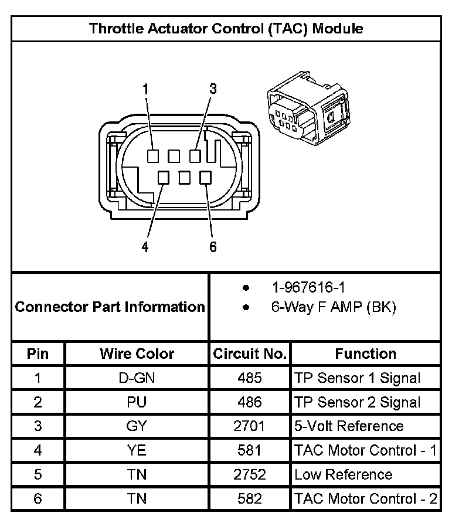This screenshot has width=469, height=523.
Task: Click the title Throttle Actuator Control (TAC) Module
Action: point(226,28)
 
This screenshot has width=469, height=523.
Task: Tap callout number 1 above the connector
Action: point(145,89)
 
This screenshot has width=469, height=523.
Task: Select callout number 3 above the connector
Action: point(213,89)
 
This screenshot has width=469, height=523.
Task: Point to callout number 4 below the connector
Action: point(145,247)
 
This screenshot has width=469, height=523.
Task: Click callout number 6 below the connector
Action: point(213,247)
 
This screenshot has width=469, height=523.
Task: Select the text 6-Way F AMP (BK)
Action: point(333,307)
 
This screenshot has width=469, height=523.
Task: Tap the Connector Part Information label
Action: point(110,307)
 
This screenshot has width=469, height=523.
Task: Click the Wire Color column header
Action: point(137,354)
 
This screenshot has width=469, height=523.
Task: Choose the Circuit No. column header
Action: point(250,354)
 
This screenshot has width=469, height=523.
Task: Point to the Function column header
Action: point(365,354)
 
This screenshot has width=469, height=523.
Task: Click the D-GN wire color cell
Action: point(137,378)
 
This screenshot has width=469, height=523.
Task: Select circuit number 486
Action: point(250,402)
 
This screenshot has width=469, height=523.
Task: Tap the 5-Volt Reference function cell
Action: point(349,426)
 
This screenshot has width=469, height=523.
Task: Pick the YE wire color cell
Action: point(137,450)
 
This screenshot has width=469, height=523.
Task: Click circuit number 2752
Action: point(250,474)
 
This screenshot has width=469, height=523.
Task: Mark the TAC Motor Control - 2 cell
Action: point(365,499)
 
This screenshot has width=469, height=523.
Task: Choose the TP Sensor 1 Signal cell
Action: point(357,378)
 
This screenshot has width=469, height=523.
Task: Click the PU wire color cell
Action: point(137,402)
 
